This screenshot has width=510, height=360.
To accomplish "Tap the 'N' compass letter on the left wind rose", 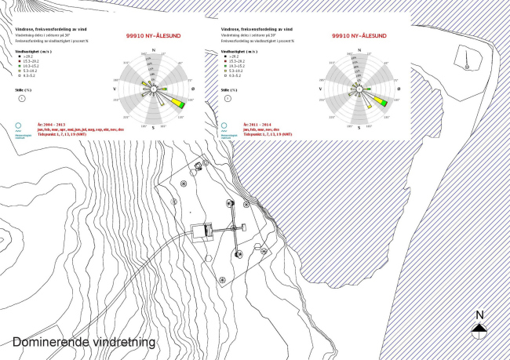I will pyautogui.click(x=154, y=49).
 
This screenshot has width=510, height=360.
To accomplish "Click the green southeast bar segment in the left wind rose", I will pyautogui.click(x=179, y=103).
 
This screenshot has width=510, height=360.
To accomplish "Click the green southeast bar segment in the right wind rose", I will pyautogui.click(x=383, y=101).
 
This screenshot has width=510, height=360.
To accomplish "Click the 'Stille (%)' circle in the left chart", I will pyautogui.click(x=23, y=99).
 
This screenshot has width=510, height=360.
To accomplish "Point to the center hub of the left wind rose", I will pyautogui.click(x=154, y=88).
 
